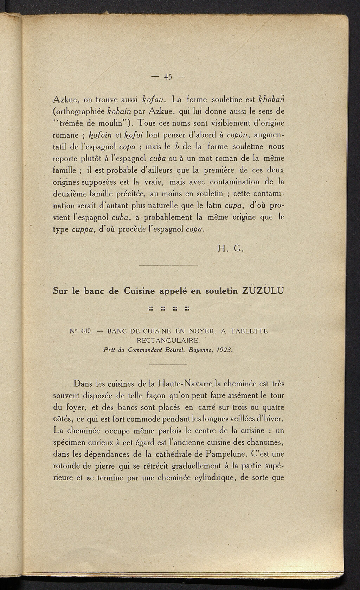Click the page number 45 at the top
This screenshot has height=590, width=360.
pos(167,77)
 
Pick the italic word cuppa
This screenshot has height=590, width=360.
pos(83,229)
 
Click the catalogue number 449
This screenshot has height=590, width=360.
pos(86,331)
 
